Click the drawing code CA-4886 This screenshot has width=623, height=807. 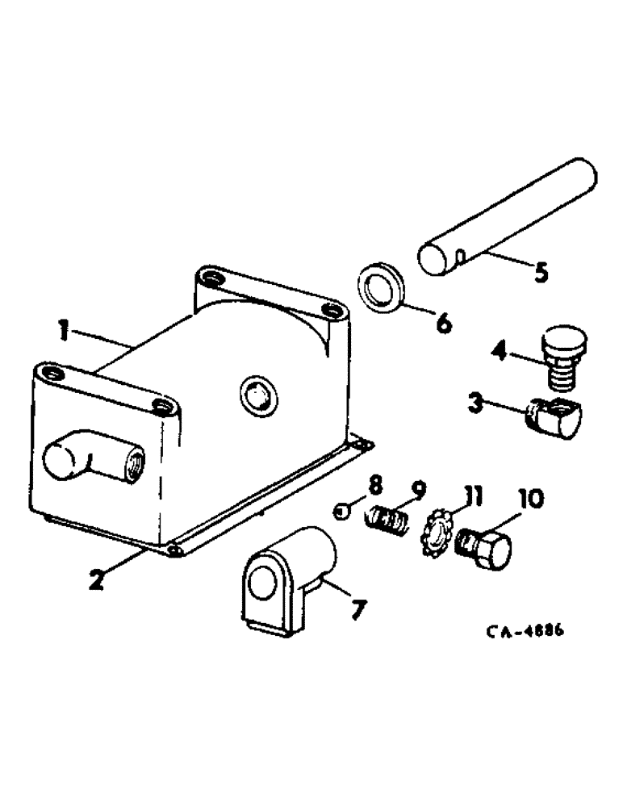[x=525, y=632]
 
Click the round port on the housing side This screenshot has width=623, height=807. [x=257, y=395]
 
